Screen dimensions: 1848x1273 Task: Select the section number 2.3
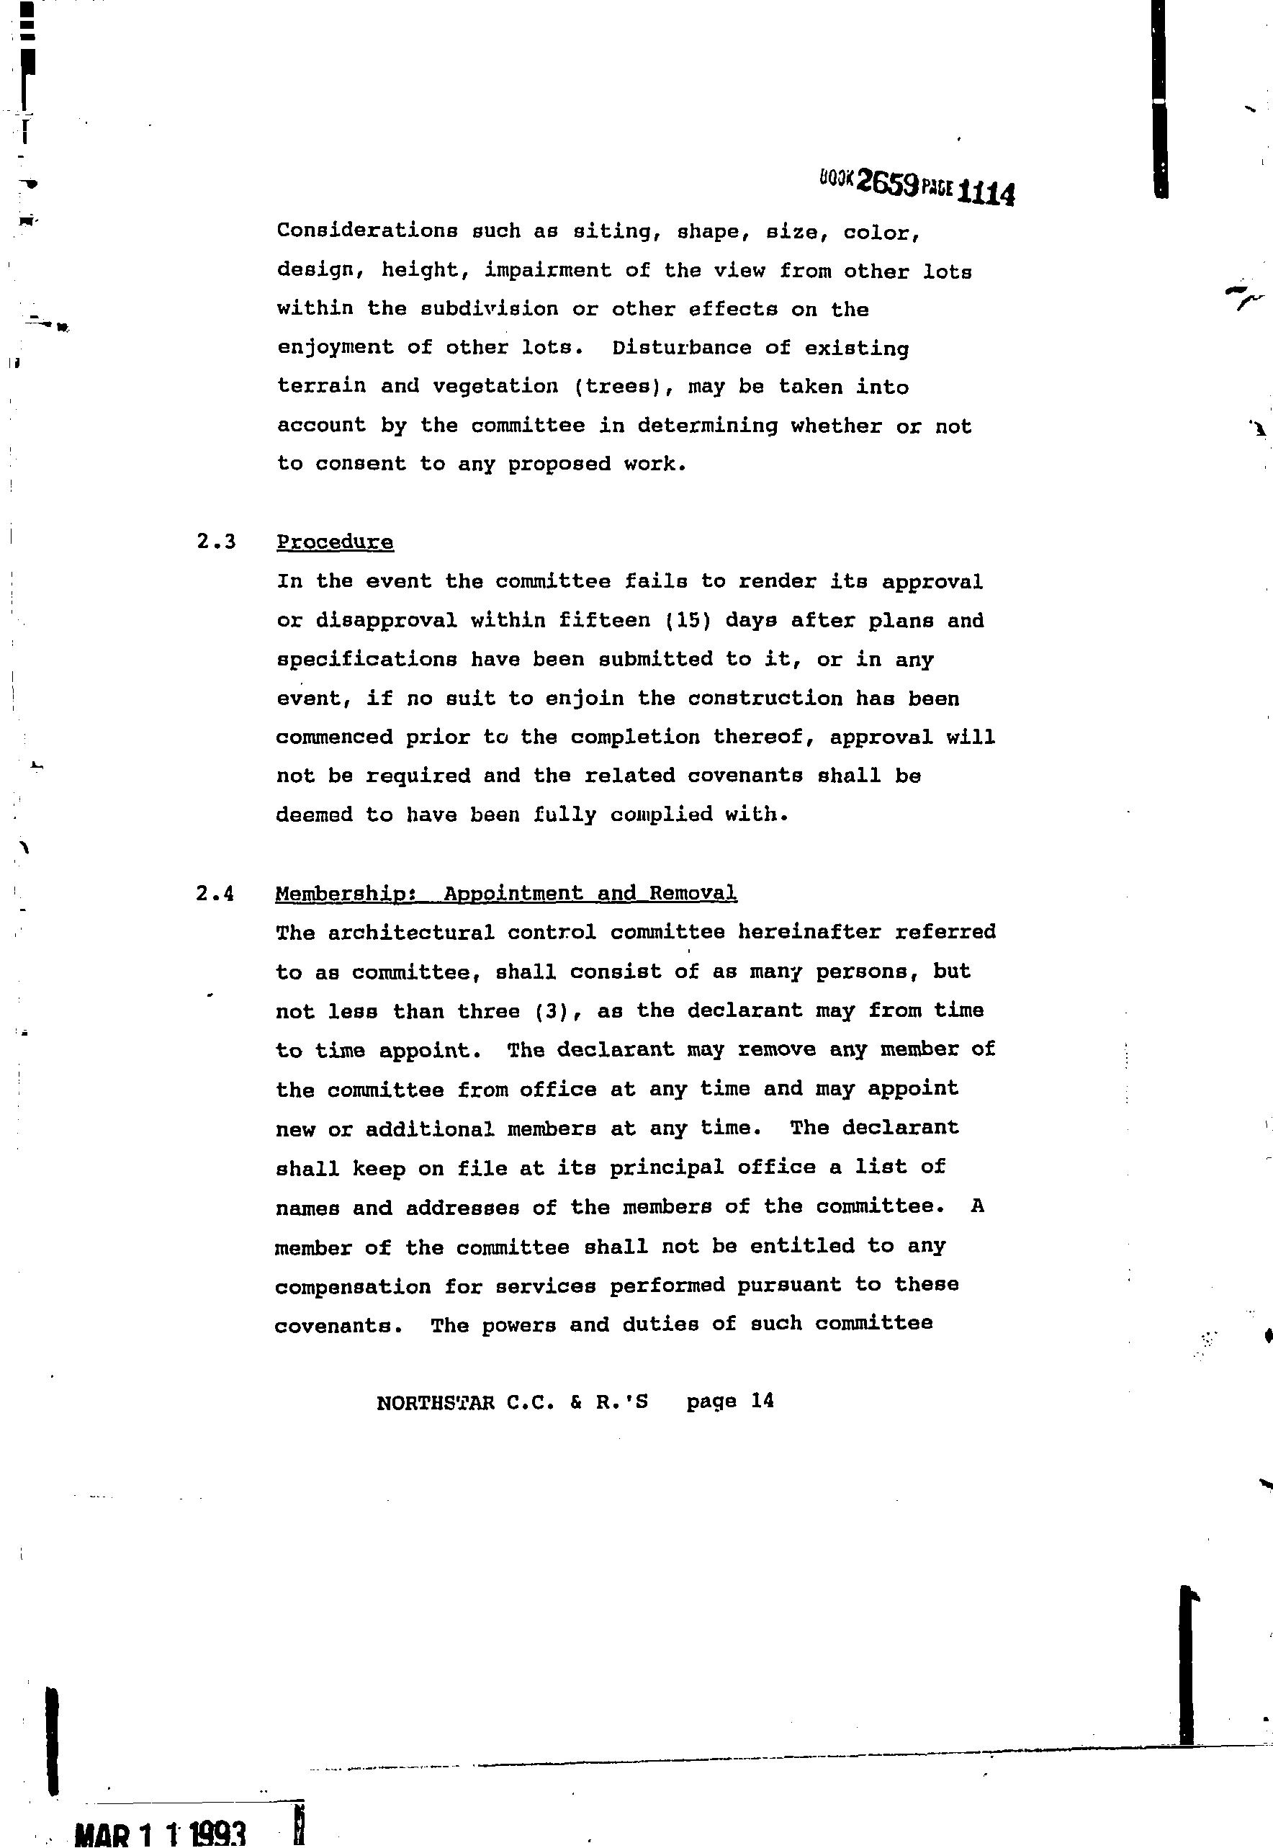pos(216,542)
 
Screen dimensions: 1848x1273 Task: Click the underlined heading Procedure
pos(335,542)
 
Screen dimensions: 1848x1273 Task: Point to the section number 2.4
pos(215,893)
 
